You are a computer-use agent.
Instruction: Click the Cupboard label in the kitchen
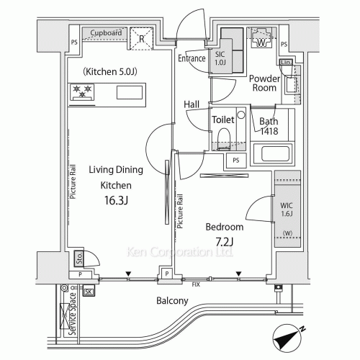(x=107, y=32)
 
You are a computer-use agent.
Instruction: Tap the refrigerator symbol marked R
(x=143, y=38)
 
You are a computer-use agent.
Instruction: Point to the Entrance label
(x=192, y=58)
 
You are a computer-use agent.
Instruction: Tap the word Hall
(x=192, y=104)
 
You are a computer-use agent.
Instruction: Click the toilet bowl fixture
(x=223, y=137)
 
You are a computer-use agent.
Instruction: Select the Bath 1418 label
(x=269, y=126)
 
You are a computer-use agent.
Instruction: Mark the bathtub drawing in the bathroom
(x=274, y=153)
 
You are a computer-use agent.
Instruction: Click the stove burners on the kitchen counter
(x=82, y=91)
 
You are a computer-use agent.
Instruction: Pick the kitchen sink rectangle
(x=130, y=91)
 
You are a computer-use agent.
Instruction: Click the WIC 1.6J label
(x=286, y=210)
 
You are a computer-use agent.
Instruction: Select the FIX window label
(x=195, y=284)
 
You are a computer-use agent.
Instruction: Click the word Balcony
(x=172, y=301)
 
